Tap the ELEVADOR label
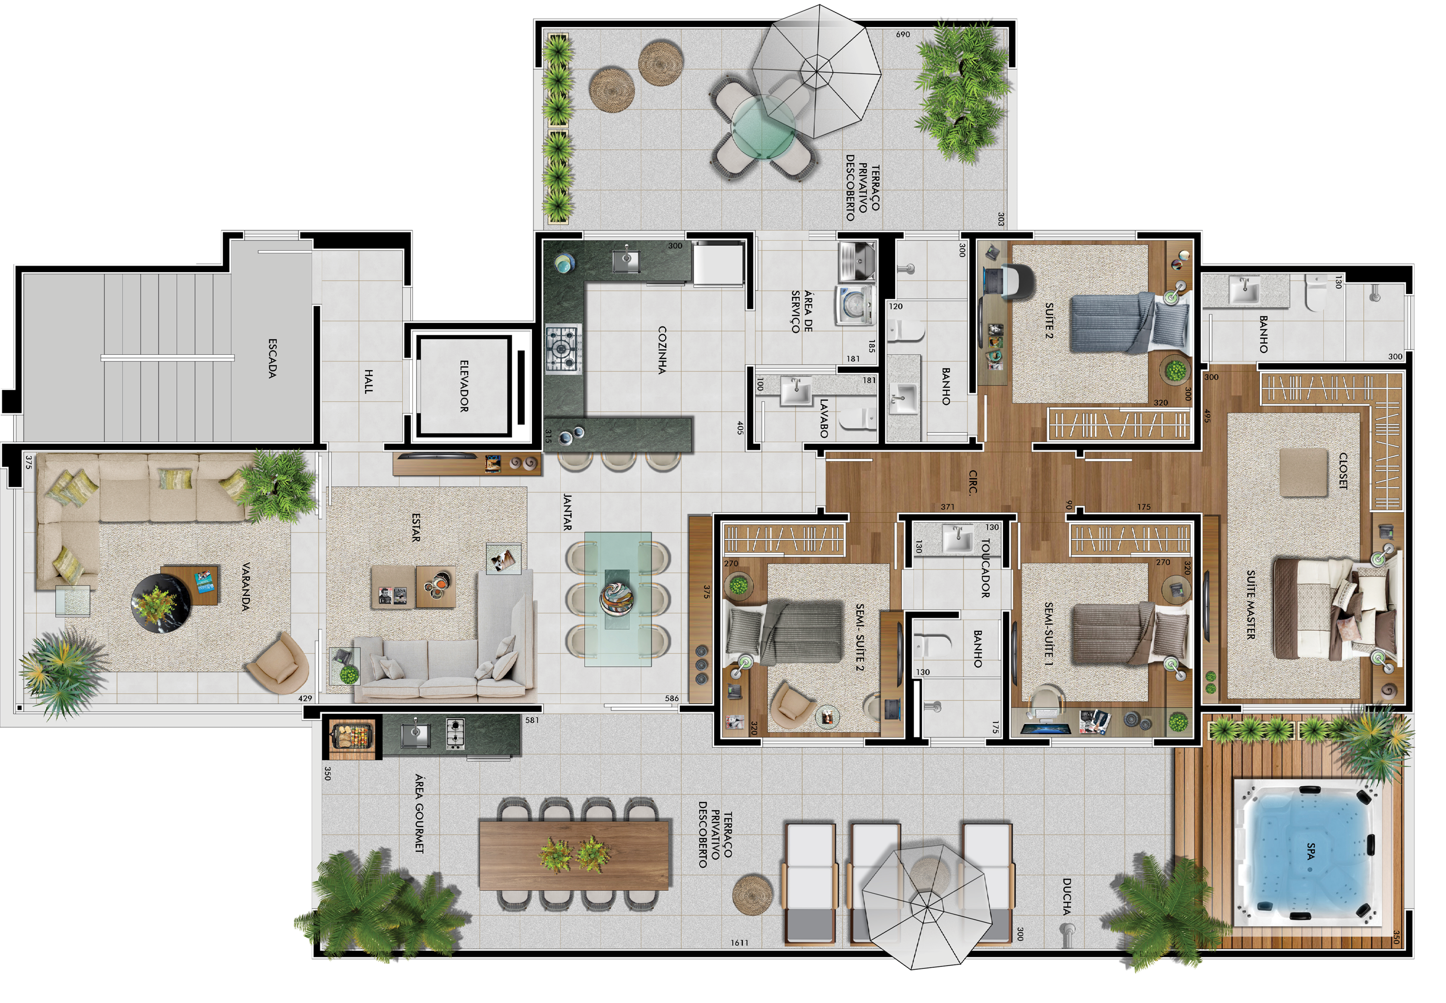click(x=464, y=386)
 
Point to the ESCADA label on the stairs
click(x=272, y=358)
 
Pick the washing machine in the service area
click(x=855, y=306)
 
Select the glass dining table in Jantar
click(x=618, y=599)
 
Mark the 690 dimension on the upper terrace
click(x=903, y=35)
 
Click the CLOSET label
click(x=1343, y=471)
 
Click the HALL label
click(x=369, y=381)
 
